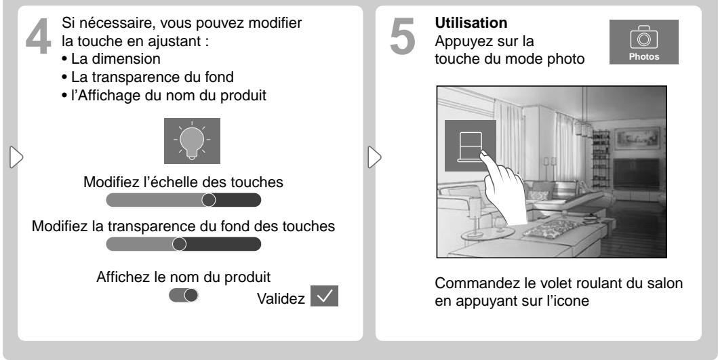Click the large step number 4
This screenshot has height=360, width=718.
coord(38,36)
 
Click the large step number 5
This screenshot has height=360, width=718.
coord(403,36)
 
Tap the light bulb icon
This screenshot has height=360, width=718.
coord(192,140)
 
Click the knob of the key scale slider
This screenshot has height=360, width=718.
coord(209,200)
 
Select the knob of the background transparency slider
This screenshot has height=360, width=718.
coord(180,244)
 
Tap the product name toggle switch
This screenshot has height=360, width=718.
coord(184,296)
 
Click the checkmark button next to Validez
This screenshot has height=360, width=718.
coord(324,296)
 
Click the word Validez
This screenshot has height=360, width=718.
coord(281,298)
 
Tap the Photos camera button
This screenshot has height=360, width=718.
coord(644,42)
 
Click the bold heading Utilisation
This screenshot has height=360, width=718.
coord(471,22)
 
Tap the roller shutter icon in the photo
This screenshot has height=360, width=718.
coord(471,146)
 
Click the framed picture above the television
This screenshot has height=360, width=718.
coord(637,138)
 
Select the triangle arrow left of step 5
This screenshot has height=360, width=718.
coord(374,157)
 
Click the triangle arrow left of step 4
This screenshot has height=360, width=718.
coord(16,157)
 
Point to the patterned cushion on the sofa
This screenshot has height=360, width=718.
coord(549,228)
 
